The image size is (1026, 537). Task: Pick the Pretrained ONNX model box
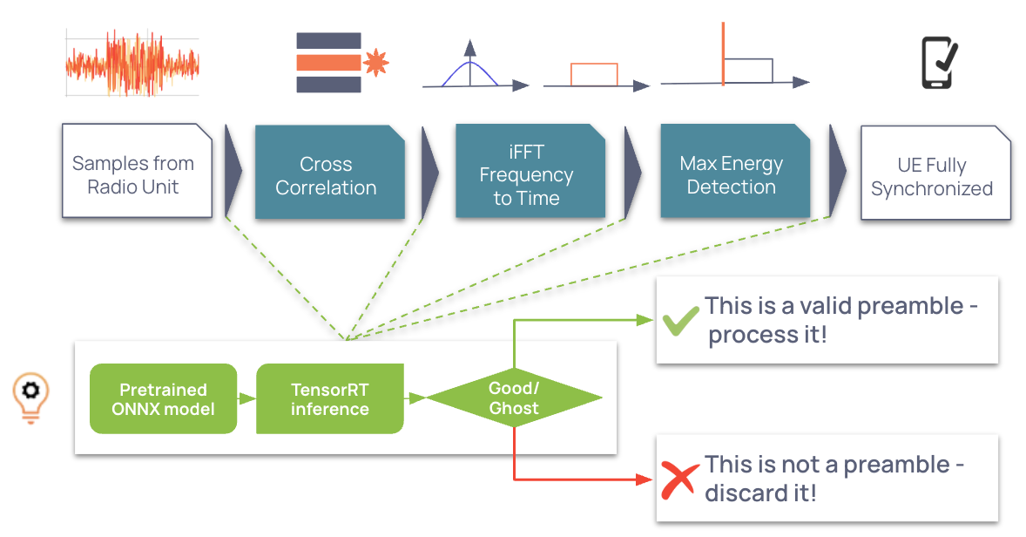coord(163,398)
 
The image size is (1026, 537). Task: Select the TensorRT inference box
coord(329,398)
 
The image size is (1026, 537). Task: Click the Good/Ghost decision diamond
coord(514,398)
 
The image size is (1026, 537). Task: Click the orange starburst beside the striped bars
coord(375,62)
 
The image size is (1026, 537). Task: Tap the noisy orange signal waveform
coord(132,64)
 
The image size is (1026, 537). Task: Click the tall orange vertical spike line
coord(723,52)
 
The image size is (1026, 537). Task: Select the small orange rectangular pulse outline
coord(594,74)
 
